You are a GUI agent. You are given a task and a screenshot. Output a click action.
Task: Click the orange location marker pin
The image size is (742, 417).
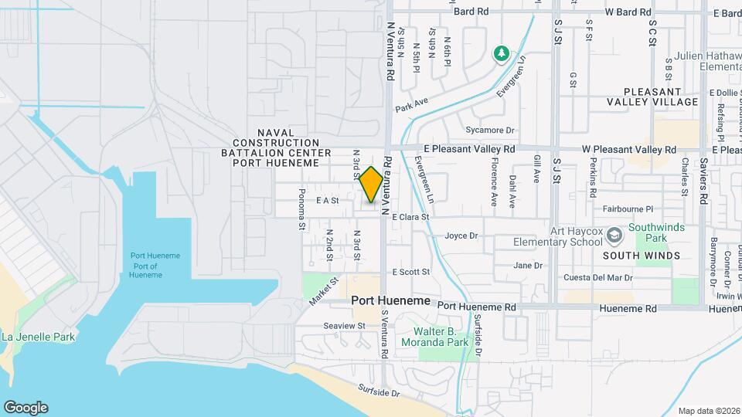pyautogui.click(x=371, y=185)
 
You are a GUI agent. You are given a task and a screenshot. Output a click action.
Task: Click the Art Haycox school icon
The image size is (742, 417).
pyautogui.click(x=614, y=234)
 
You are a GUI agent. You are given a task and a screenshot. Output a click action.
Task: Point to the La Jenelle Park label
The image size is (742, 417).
pyautogui.click(x=39, y=337)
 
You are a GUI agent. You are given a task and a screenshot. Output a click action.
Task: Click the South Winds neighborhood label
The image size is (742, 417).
pyautogui.click(x=641, y=256)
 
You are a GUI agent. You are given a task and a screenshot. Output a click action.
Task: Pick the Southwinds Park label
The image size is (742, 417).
pyautogui.click(x=652, y=233)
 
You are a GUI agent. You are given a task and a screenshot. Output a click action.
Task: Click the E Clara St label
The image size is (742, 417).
pyautogui.click(x=410, y=217)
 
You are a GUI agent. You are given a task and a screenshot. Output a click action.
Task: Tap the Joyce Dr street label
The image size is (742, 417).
pyautogui.click(x=462, y=236)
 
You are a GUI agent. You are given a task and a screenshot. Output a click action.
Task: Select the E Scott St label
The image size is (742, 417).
pyautogui.click(x=410, y=272)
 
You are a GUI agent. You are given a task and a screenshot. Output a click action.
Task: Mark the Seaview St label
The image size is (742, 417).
pyautogui.click(x=345, y=326)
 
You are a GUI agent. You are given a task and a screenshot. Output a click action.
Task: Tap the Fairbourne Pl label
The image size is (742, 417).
pyautogui.click(x=627, y=208)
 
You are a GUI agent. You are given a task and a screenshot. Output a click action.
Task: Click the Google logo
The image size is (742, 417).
pyautogui.click(x=26, y=407)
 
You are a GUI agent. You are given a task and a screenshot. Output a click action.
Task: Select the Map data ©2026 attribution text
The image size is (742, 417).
pyautogui.click(x=708, y=411)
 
